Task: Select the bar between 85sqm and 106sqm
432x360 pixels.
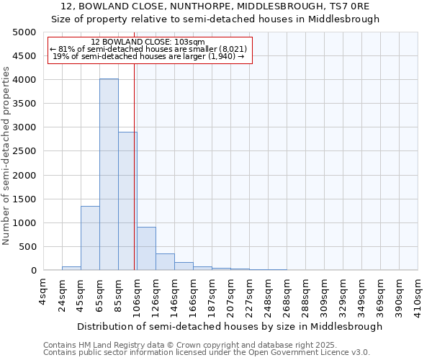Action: [127, 201]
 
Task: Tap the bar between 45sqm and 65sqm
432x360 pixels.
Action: [90, 238]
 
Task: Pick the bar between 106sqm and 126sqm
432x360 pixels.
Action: [146, 249]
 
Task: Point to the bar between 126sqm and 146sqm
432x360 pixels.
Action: [165, 262]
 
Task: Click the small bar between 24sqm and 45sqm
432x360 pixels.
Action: [71, 269]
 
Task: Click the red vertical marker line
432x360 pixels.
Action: [135, 166]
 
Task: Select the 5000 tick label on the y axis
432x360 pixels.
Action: [24, 32]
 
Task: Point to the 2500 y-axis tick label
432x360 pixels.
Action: [24, 151]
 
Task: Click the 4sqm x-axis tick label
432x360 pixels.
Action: [43, 291]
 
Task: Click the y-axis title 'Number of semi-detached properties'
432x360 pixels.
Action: [7, 156]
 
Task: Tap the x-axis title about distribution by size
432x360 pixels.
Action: [230, 326]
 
